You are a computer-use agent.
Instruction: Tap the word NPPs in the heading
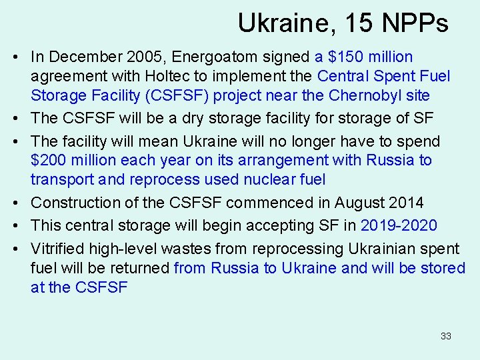(x=415, y=24)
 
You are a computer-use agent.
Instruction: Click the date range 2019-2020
(x=399, y=225)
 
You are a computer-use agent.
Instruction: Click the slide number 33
(x=445, y=336)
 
